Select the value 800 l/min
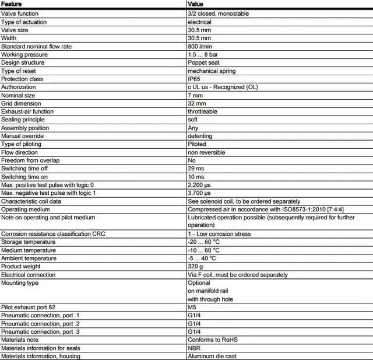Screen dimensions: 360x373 point(199,46)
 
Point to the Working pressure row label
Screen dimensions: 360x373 point(24,54)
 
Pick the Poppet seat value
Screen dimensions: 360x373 point(203,62)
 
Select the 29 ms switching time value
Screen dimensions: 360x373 point(196,169)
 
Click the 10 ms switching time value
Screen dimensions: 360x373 point(196,177)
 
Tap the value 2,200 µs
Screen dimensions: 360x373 point(199,185)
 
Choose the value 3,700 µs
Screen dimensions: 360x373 point(199,193)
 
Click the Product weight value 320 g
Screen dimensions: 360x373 point(195,266)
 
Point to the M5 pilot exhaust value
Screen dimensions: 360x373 point(192,307)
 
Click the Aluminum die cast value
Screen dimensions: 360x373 point(212,356)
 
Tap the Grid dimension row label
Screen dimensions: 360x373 point(22,103)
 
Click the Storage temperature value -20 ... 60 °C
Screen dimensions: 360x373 point(202,242)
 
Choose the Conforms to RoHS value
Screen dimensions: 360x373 point(213,340)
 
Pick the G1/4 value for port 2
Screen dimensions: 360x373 point(193,323)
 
